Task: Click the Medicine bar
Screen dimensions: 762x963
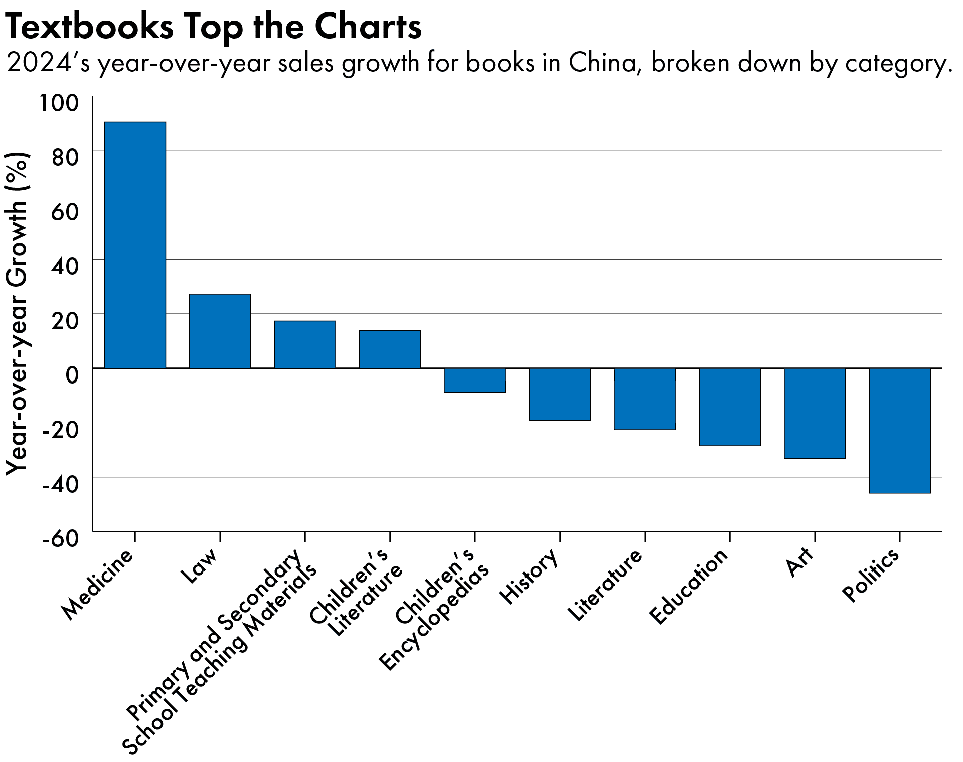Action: [135, 245]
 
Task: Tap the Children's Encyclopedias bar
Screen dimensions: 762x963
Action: [474, 380]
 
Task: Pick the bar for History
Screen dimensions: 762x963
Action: [560, 394]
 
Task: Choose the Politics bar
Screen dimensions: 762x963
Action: [899, 431]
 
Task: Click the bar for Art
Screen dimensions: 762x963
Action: [815, 413]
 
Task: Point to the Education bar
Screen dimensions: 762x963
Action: [730, 407]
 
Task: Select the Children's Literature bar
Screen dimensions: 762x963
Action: [390, 349]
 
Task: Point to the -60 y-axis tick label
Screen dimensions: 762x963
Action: [61, 539]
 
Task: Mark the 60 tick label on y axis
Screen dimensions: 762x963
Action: [65, 212]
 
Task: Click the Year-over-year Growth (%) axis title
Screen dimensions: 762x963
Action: [17, 313]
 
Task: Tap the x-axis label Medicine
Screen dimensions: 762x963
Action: [98, 584]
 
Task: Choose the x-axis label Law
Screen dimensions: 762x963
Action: [199, 565]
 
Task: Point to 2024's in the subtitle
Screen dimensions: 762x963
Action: [48, 63]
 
